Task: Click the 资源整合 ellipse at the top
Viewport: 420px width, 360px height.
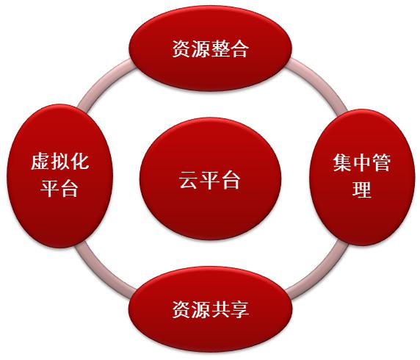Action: click(210, 48)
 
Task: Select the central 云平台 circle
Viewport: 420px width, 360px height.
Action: click(210, 179)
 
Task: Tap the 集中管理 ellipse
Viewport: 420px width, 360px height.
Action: click(361, 177)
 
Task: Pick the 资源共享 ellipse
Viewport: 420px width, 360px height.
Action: click(210, 309)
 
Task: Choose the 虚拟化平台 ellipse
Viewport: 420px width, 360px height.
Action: click(59, 176)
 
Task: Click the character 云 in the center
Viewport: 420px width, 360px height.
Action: click(188, 179)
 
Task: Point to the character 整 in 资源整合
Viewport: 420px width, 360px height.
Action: click(220, 48)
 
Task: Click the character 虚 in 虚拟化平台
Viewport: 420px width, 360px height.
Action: click(40, 162)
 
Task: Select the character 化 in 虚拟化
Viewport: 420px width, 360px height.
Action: click(79, 162)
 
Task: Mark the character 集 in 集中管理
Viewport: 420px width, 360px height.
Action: click(343, 163)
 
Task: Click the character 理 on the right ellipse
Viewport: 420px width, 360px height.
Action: click(362, 190)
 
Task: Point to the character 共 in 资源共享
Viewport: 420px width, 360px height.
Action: click(220, 309)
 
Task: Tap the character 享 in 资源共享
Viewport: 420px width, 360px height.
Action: click(239, 309)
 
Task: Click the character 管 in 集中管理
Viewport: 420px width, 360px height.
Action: click(381, 163)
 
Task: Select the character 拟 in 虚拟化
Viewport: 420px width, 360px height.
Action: click(59, 162)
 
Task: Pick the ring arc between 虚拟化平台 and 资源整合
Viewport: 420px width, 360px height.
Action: click(102, 79)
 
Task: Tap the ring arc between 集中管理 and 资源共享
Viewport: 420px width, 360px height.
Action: click(321, 273)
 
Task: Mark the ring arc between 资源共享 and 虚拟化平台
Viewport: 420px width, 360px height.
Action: click(101, 273)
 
